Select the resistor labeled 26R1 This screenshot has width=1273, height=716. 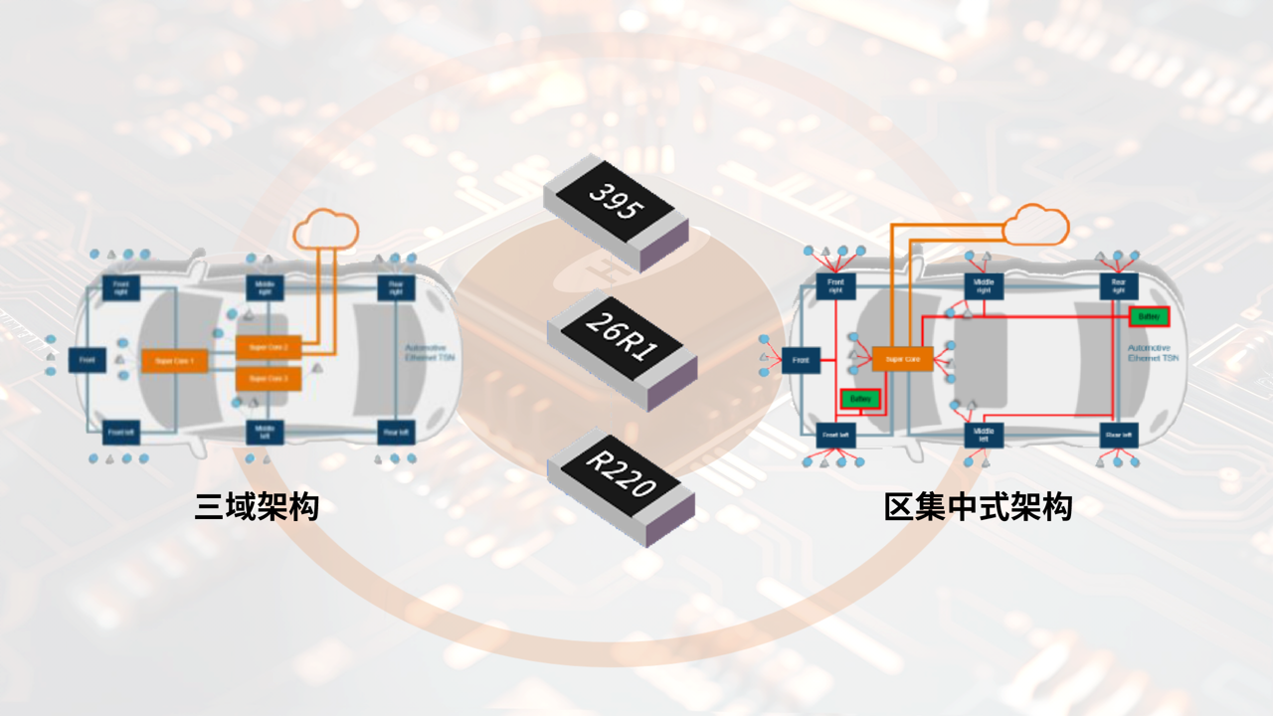(622, 349)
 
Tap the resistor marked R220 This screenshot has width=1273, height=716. (621, 487)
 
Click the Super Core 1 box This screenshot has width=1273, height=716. (174, 360)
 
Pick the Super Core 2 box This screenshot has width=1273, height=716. (269, 347)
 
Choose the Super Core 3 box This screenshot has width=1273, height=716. (269, 379)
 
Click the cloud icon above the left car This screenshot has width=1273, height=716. (325, 230)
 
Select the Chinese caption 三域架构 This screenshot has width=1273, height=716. (257, 506)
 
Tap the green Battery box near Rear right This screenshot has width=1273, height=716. (1149, 316)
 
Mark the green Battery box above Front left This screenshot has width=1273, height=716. (860, 399)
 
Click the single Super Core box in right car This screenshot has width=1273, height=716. (902, 358)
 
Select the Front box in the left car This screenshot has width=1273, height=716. (88, 360)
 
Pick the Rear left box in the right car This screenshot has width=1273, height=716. (1118, 435)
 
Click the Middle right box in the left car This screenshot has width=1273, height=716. (266, 288)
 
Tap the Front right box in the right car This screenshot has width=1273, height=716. (835, 286)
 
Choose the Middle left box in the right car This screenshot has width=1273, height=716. (983, 435)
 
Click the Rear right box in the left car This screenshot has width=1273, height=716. (396, 288)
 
